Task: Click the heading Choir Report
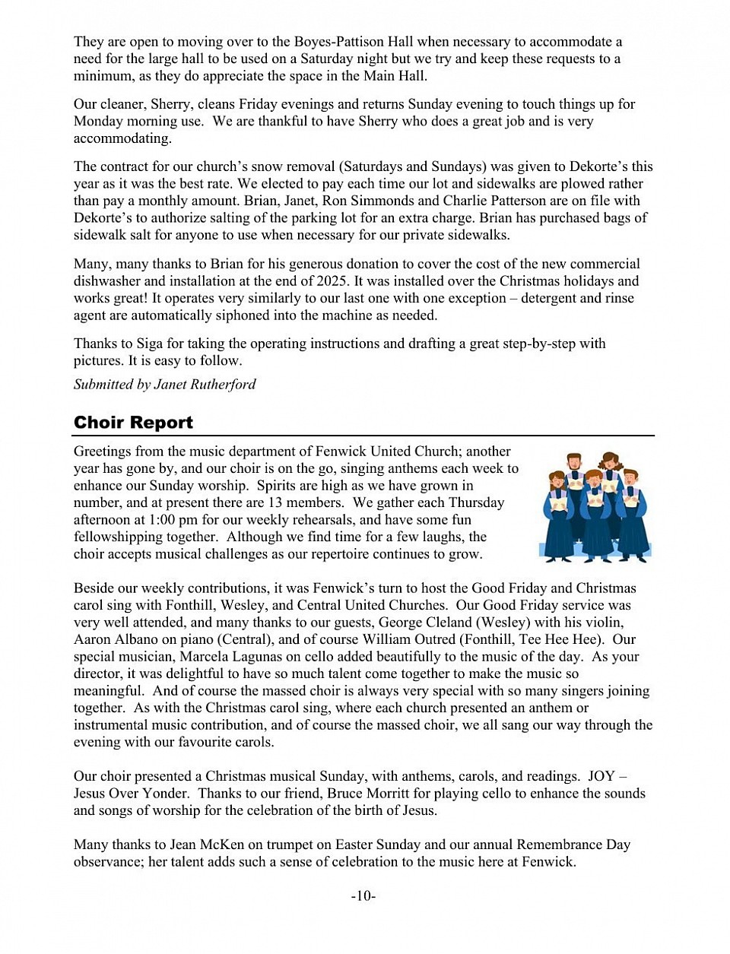133,423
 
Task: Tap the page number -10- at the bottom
363,896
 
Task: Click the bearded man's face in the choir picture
575,464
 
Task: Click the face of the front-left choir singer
557,481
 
